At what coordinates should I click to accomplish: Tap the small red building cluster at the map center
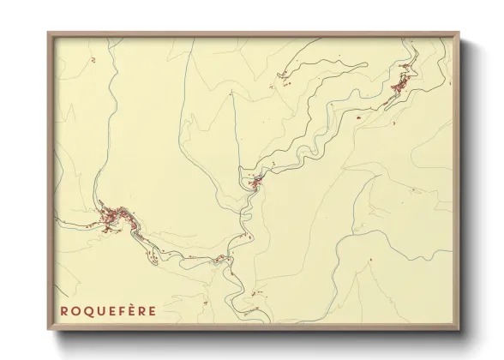click(x=255, y=181)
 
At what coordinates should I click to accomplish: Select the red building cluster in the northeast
click(x=399, y=85)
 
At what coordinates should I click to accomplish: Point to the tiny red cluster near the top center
click(x=282, y=79)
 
